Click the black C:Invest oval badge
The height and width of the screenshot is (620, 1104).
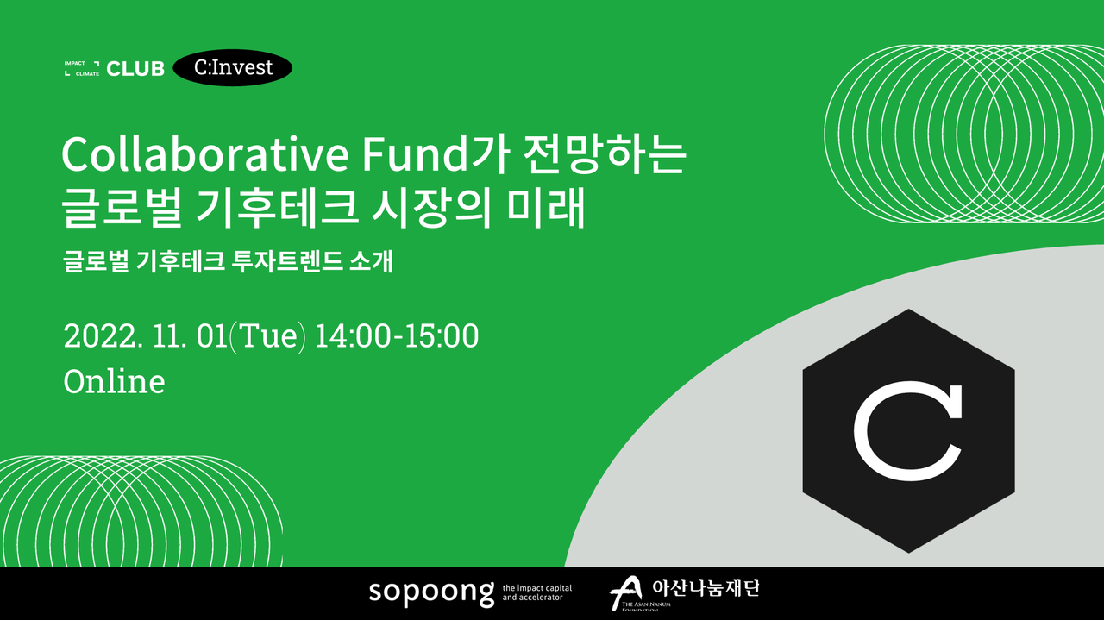coord(233,67)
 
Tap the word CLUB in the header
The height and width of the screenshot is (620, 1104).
coord(135,69)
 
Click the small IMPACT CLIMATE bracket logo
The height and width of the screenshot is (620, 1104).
coord(82,68)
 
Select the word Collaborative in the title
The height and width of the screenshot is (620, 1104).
coord(205,154)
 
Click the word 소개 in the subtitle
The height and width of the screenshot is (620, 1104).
coord(371,261)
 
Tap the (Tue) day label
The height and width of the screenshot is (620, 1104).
coord(267,336)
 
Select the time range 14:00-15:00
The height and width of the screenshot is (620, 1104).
coord(397,336)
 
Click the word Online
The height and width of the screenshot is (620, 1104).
coord(114,381)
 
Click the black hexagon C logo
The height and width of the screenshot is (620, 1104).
coord(909,431)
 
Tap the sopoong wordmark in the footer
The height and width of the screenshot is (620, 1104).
coord(431,593)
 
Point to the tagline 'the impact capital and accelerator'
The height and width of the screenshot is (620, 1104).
coord(537,592)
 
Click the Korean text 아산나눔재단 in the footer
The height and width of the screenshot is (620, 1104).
coord(706,588)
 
